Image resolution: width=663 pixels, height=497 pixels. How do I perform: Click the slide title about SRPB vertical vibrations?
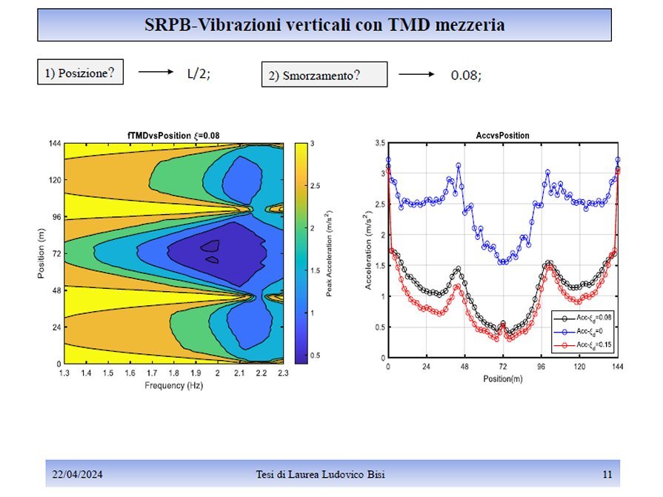[x=324, y=25]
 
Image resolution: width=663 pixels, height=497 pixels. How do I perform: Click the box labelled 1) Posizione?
[x=80, y=73]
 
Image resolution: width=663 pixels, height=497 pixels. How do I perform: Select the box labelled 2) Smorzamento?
[x=324, y=75]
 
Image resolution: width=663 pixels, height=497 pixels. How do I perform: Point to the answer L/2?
[x=199, y=74]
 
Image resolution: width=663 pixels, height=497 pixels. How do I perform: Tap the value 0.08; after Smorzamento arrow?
[x=466, y=76]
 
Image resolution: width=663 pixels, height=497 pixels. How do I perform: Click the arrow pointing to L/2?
[x=155, y=73]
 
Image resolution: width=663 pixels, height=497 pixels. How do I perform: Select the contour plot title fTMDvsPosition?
[x=173, y=135]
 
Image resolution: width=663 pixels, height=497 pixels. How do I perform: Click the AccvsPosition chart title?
[x=502, y=135]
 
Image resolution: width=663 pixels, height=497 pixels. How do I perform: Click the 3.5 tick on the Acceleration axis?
[x=379, y=142]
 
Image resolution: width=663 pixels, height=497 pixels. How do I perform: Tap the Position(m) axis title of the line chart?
[x=502, y=378]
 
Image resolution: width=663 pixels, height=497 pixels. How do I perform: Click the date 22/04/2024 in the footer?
[x=77, y=474]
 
